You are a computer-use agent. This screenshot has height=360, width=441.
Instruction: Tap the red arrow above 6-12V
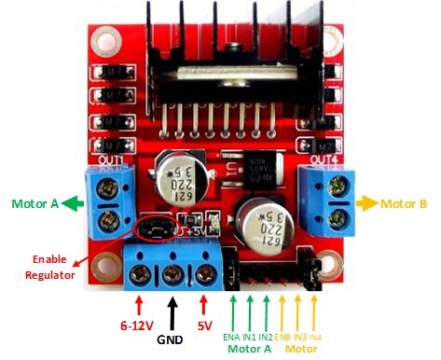tap(139, 304)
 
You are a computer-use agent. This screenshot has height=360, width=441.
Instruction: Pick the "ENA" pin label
tap(231, 335)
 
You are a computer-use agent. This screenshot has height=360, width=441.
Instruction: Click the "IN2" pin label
tap(266, 335)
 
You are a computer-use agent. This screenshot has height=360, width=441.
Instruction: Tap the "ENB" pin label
tap(283, 335)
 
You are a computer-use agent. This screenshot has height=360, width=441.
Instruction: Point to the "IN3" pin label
tap(300, 335)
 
